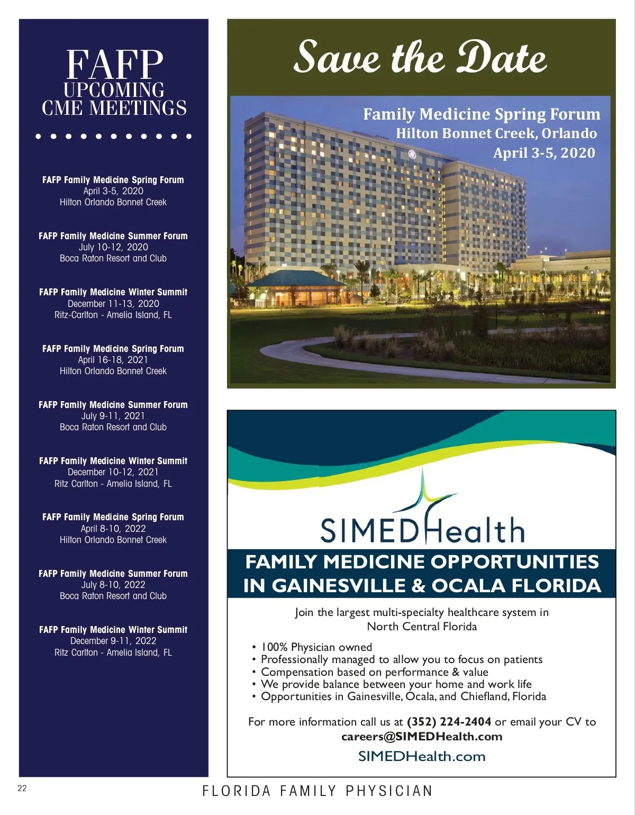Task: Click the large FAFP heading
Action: pyautogui.click(x=114, y=65)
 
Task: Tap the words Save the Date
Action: pyautogui.click(x=420, y=57)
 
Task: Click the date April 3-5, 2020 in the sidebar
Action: pyautogui.click(x=113, y=191)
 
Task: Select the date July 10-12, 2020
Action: pyautogui.click(x=113, y=247)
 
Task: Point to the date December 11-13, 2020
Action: pyautogui.click(x=113, y=304)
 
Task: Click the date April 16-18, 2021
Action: pyautogui.click(x=113, y=360)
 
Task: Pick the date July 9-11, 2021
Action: pyautogui.click(x=113, y=416)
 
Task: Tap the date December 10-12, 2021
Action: pyautogui.click(x=113, y=472)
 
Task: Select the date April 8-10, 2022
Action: pyautogui.click(x=113, y=529)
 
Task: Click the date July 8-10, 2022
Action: pyautogui.click(x=113, y=585)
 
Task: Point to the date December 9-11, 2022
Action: pyautogui.click(x=113, y=641)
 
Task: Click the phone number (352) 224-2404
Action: pyautogui.click(x=449, y=722)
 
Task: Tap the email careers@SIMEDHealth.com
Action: pyautogui.click(x=422, y=737)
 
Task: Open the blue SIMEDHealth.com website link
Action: pyautogui.click(x=422, y=756)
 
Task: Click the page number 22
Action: pyautogui.click(x=22, y=789)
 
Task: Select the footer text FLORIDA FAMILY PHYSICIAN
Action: pyautogui.click(x=317, y=791)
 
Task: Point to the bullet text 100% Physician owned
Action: pyautogui.click(x=316, y=647)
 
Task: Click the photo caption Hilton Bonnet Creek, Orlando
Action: pyautogui.click(x=496, y=133)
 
